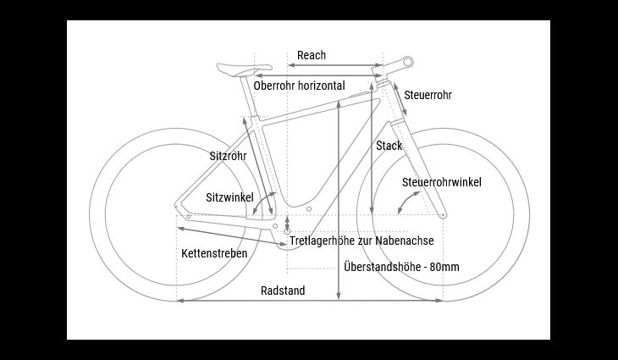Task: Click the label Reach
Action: tap(312, 55)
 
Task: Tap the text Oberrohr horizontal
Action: tap(299, 86)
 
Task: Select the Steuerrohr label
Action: tap(428, 95)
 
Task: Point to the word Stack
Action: tap(389, 146)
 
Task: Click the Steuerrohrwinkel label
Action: tap(441, 183)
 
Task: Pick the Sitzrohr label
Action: tap(228, 156)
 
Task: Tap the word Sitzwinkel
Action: tap(229, 197)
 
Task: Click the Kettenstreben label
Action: tap(214, 253)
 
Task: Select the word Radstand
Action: tap(283, 291)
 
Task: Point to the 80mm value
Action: tap(444, 267)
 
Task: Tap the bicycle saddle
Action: tap(244, 69)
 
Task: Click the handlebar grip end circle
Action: tap(408, 62)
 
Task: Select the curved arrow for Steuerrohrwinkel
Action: tap(407, 202)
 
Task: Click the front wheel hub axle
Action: tap(443, 215)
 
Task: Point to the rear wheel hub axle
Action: tap(189, 216)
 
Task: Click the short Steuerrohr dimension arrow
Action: tap(400, 99)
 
